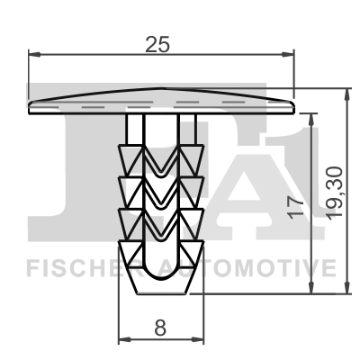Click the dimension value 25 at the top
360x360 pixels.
click(163, 41)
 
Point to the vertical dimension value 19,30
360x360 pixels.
click(335, 190)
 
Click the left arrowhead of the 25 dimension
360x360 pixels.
click(34, 54)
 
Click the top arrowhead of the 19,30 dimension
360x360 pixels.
click(347, 93)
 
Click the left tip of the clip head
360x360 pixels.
click(31, 105)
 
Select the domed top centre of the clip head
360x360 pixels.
click(162, 90)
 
